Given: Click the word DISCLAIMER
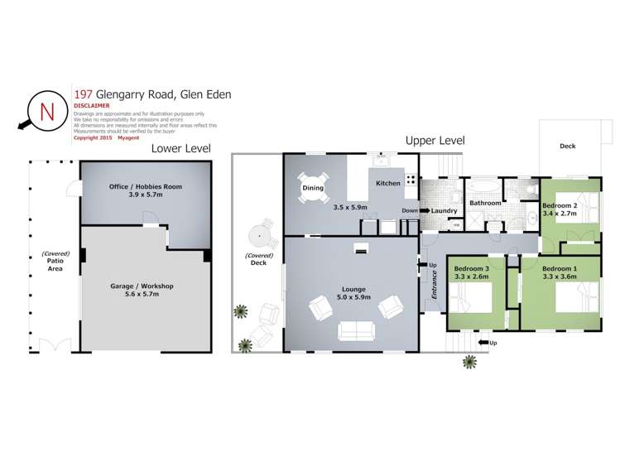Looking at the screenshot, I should pyautogui.click(x=92, y=106).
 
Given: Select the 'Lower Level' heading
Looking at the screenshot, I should pyautogui.click(x=180, y=148).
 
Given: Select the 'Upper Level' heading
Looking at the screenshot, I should pyautogui.click(x=435, y=140).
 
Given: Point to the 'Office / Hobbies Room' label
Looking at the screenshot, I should pyautogui.click(x=146, y=186).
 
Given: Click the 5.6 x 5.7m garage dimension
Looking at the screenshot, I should pyautogui.click(x=142, y=294).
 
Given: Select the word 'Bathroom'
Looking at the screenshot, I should pyautogui.click(x=485, y=203).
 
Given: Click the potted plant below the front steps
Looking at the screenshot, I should pyautogui.click(x=470, y=361).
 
